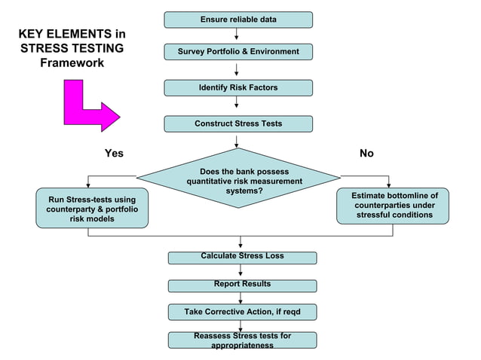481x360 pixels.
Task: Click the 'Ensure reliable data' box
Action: (x=238, y=20)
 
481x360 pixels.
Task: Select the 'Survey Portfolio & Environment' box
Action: (x=238, y=52)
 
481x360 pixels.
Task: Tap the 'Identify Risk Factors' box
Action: (x=238, y=88)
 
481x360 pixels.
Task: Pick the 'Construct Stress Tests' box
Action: (x=238, y=124)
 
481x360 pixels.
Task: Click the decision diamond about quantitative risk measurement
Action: (x=238, y=180)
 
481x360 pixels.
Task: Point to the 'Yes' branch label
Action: (x=114, y=154)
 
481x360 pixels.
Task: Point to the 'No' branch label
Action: (x=366, y=154)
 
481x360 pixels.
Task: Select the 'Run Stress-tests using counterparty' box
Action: (x=92, y=208)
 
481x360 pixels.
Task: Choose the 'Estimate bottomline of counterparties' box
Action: (x=392, y=206)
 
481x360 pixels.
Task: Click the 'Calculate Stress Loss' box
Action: (x=242, y=258)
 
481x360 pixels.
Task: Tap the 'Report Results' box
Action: (x=242, y=285)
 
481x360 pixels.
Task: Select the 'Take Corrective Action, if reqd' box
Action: (x=242, y=311)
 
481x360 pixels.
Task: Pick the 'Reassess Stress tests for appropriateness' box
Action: (x=242, y=340)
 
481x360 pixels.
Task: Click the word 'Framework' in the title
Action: (x=72, y=63)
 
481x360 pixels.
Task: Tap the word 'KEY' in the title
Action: (x=32, y=35)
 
